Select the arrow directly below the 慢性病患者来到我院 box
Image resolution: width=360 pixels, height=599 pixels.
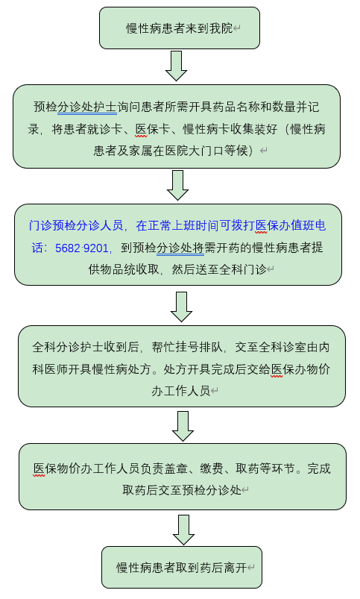pyautogui.click(x=176, y=66)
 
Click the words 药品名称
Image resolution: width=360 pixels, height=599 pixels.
pyautogui.click(x=224, y=107)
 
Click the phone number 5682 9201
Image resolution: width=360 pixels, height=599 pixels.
pyautogui.click(x=82, y=248)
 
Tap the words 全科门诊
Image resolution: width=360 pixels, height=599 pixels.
pyautogui.click(x=243, y=270)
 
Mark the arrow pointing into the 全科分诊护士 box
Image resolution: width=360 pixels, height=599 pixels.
pyautogui.click(x=181, y=307)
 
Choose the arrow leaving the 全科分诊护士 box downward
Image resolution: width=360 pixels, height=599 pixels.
pyautogui.click(x=183, y=427)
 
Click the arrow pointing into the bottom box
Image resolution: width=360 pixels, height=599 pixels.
pyautogui.click(x=183, y=530)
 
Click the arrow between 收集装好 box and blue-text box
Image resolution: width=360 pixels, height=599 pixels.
pyautogui.click(x=178, y=185)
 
